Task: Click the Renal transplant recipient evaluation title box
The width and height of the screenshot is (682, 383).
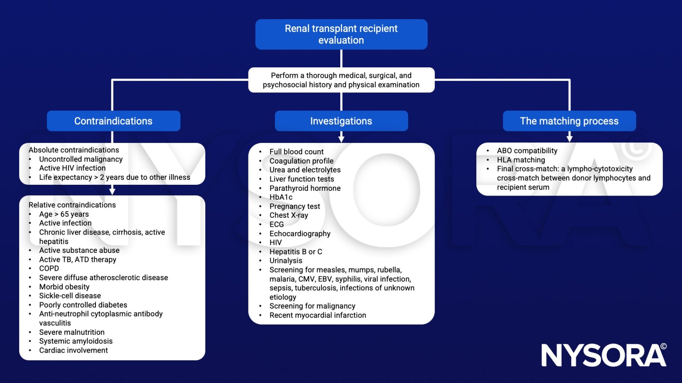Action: click(x=341, y=34)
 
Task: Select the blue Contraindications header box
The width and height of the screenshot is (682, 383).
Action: click(x=113, y=121)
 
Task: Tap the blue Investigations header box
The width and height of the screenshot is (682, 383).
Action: click(x=341, y=121)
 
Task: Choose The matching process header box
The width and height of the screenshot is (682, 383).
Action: click(x=569, y=121)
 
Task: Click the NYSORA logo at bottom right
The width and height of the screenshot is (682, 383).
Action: click(x=603, y=355)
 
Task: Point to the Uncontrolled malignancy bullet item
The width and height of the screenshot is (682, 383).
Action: click(x=81, y=159)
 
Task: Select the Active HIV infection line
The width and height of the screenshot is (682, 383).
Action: click(x=72, y=168)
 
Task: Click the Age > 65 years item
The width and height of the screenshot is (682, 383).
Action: click(x=64, y=214)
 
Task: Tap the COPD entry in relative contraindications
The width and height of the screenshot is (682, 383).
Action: click(x=49, y=268)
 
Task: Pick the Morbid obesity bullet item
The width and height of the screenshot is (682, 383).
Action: click(x=64, y=287)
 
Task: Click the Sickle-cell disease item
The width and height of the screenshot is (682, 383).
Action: click(x=70, y=295)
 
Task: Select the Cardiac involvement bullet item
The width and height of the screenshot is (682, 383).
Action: click(x=73, y=350)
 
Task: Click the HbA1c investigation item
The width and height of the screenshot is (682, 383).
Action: click(x=281, y=197)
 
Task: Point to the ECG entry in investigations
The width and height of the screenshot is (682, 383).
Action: click(x=277, y=224)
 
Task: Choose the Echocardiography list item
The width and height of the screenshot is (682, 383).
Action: click(x=300, y=233)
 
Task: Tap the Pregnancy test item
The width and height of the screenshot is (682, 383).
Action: click(x=295, y=206)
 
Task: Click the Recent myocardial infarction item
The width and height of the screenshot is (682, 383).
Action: click(x=318, y=315)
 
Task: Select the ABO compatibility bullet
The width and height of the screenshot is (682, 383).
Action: click(x=527, y=150)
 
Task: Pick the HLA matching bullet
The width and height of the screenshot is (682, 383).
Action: click(x=521, y=160)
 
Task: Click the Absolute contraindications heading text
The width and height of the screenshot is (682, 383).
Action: click(x=74, y=150)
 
